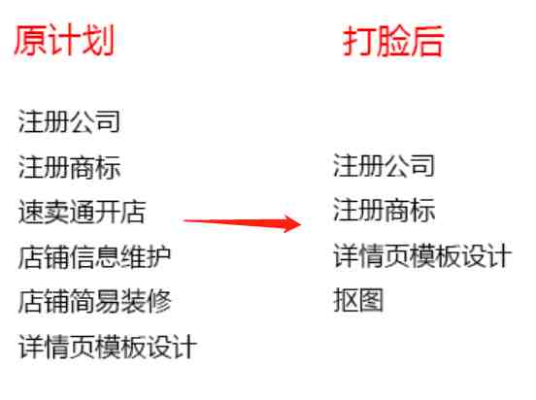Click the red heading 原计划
(64, 41)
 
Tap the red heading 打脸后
(393, 41)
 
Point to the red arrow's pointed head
(301, 224)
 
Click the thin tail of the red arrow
(184, 220)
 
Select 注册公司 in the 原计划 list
(69, 121)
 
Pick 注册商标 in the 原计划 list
(69, 167)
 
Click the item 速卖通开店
(82, 212)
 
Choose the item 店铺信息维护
(95, 256)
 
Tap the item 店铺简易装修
(95, 302)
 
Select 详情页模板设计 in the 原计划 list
(108, 347)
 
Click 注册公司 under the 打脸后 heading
(384, 165)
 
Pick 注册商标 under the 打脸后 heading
(384, 210)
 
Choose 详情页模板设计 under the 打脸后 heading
(422, 255)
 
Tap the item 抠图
(358, 300)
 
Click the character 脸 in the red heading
(393, 41)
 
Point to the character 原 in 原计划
(30, 41)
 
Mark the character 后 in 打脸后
(427, 41)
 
